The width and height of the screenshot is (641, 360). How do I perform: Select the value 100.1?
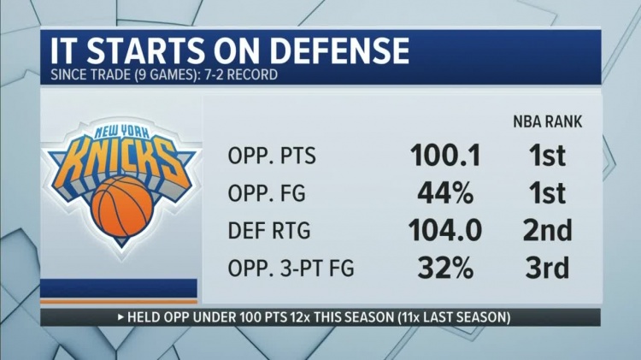(x=445, y=156)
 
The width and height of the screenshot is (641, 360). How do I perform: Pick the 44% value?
(x=445, y=193)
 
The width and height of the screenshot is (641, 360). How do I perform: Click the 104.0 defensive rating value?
(x=445, y=231)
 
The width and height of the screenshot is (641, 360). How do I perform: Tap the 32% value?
(x=445, y=268)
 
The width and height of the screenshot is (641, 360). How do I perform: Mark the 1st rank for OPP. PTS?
(x=546, y=156)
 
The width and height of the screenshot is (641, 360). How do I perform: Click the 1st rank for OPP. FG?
(x=546, y=193)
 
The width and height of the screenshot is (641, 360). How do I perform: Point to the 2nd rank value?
(x=546, y=231)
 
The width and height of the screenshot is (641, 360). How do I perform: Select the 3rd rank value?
(x=546, y=268)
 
